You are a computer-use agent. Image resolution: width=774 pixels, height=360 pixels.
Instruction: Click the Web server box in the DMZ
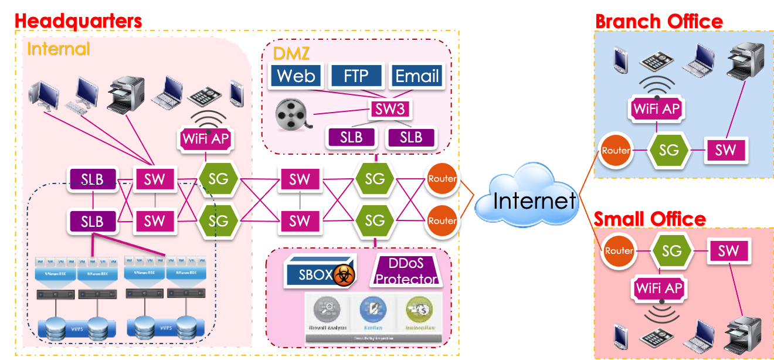[296, 76]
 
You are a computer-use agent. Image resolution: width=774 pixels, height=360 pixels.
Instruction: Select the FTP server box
[356, 76]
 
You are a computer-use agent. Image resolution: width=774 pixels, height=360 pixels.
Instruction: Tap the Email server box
[417, 76]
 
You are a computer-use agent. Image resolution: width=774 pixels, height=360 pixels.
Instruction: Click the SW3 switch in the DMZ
[390, 109]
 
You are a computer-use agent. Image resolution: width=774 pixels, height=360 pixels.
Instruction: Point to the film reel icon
[291, 114]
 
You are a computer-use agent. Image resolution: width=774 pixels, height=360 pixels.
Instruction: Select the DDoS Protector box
[406, 270]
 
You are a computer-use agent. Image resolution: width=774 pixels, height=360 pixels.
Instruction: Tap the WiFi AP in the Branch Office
[656, 108]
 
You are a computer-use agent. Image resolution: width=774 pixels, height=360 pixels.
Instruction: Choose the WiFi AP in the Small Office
[659, 288]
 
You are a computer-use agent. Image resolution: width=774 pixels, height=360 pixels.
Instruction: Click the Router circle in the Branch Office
[616, 150]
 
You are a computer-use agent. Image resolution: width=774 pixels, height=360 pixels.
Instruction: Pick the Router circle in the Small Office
[618, 251]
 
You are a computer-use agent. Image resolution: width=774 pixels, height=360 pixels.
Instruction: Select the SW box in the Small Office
[728, 251]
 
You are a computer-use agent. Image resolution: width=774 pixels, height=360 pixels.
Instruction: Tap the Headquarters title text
[77, 21]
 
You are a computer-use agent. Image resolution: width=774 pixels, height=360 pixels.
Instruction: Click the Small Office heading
[650, 219]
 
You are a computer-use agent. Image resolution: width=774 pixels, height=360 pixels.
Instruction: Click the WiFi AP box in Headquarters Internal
[206, 140]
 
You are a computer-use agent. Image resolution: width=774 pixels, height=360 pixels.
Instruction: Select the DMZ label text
[291, 53]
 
